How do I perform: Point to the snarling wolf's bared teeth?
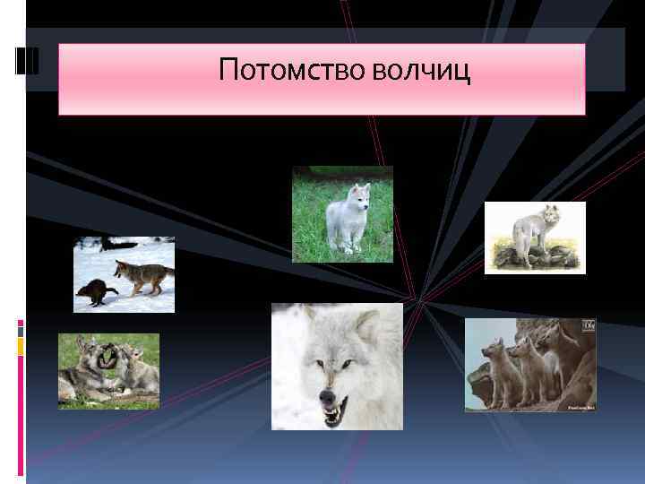tap(333, 413)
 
